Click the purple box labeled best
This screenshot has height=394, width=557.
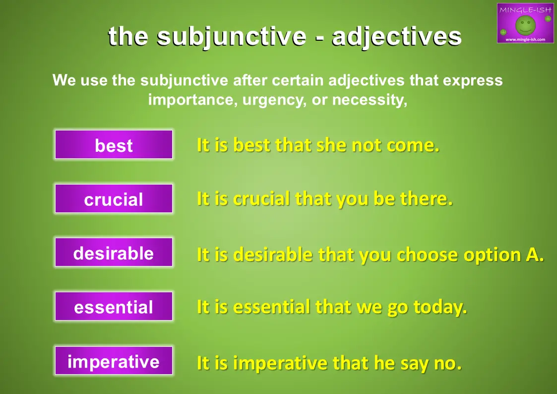[x=114, y=144]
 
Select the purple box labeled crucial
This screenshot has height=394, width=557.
[x=114, y=198]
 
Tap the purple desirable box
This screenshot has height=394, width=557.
[x=114, y=252]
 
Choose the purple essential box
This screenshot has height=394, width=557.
[x=114, y=306]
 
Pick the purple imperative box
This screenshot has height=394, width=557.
[x=114, y=360]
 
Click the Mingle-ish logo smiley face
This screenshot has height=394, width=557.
[x=525, y=25]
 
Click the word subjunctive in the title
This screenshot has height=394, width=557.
[x=231, y=37]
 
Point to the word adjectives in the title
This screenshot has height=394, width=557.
[x=396, y=37]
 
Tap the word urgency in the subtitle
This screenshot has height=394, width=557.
[x=274, y=100]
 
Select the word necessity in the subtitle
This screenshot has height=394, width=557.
[x=370, y=100]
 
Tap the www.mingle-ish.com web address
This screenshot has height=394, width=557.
[x=525, y=39]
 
